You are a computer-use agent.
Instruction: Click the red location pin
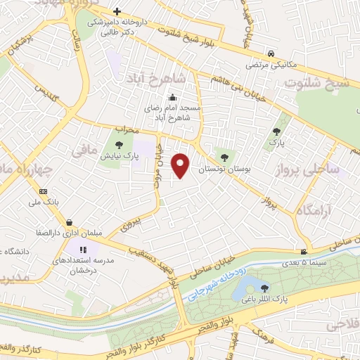point(181,164)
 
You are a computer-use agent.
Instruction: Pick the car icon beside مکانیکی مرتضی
point(270,53)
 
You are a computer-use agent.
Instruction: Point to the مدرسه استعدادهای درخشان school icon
point(83,249)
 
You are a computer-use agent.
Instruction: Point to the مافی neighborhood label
point(81,150)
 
